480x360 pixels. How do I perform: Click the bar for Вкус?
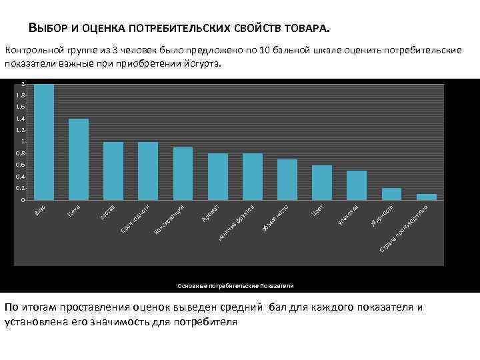click(44, 142)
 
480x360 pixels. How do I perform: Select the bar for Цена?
click(79, 159)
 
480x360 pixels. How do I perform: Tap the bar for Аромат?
click(218, 177)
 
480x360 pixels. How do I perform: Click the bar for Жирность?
click(391, 194)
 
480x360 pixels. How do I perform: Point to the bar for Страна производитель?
click(426, 197)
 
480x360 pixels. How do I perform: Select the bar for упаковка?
click(357, 185)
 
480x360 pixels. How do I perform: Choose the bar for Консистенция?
click(183, 173)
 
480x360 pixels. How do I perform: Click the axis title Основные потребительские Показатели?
click(235, 285)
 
